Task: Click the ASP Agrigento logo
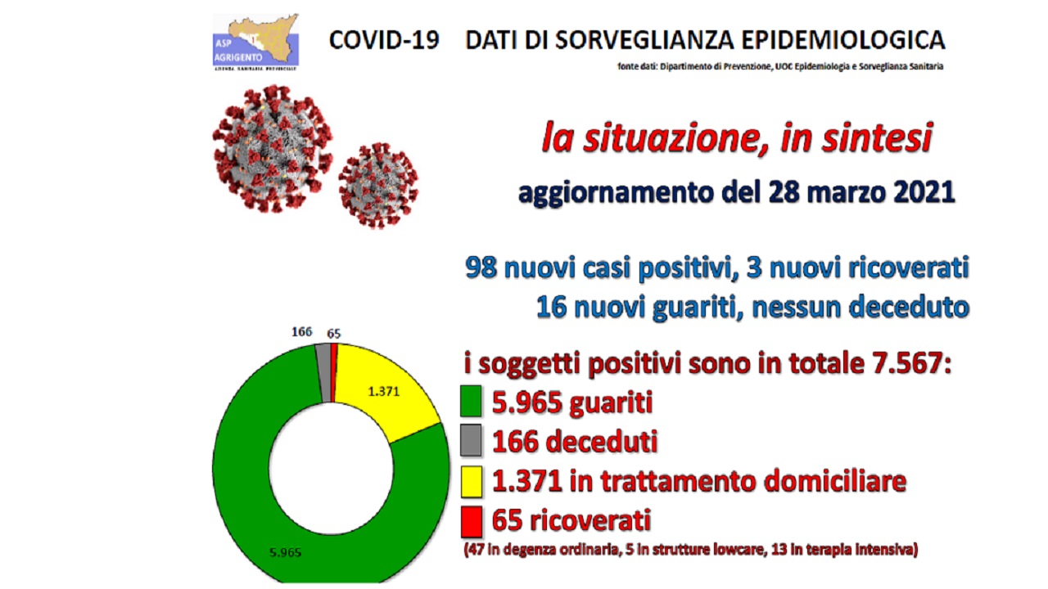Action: tap(255, 42)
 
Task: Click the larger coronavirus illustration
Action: tap(273, 149)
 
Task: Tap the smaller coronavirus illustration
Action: tap(378, 185)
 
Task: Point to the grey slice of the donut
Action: tap(323, 373)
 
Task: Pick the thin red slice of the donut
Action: tap(334, 373)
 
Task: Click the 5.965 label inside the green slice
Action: tap(286, 552)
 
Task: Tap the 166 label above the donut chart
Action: tap(302, 332)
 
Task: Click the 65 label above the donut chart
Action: tap(333, 334)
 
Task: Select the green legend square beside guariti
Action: tap(471, 401)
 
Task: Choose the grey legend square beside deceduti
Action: tap(471, 440)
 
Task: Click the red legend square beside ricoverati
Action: tap(471, 522)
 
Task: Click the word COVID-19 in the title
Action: tap(384, 40)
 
